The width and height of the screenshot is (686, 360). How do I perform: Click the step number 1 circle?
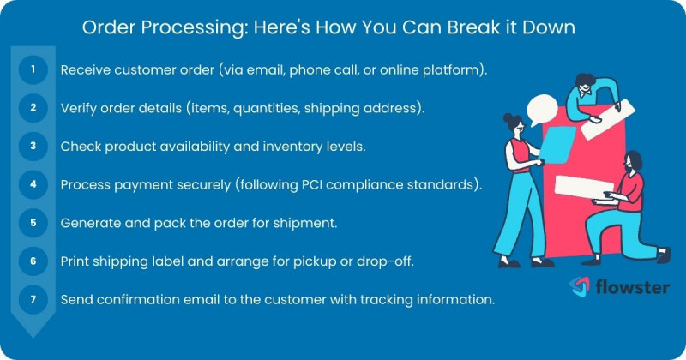(33, 69)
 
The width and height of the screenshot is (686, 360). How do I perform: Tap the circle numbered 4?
(33, 184)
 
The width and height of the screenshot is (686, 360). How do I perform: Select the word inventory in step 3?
(292, 146)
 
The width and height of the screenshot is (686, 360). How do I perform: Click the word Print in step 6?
(75, 261)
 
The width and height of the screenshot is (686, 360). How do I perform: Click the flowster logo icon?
(580, 285)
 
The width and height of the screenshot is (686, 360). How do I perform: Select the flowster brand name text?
(633, 286)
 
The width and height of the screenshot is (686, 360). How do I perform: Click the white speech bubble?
(542, 110)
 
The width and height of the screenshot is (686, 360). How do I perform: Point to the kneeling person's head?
(633, 160)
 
